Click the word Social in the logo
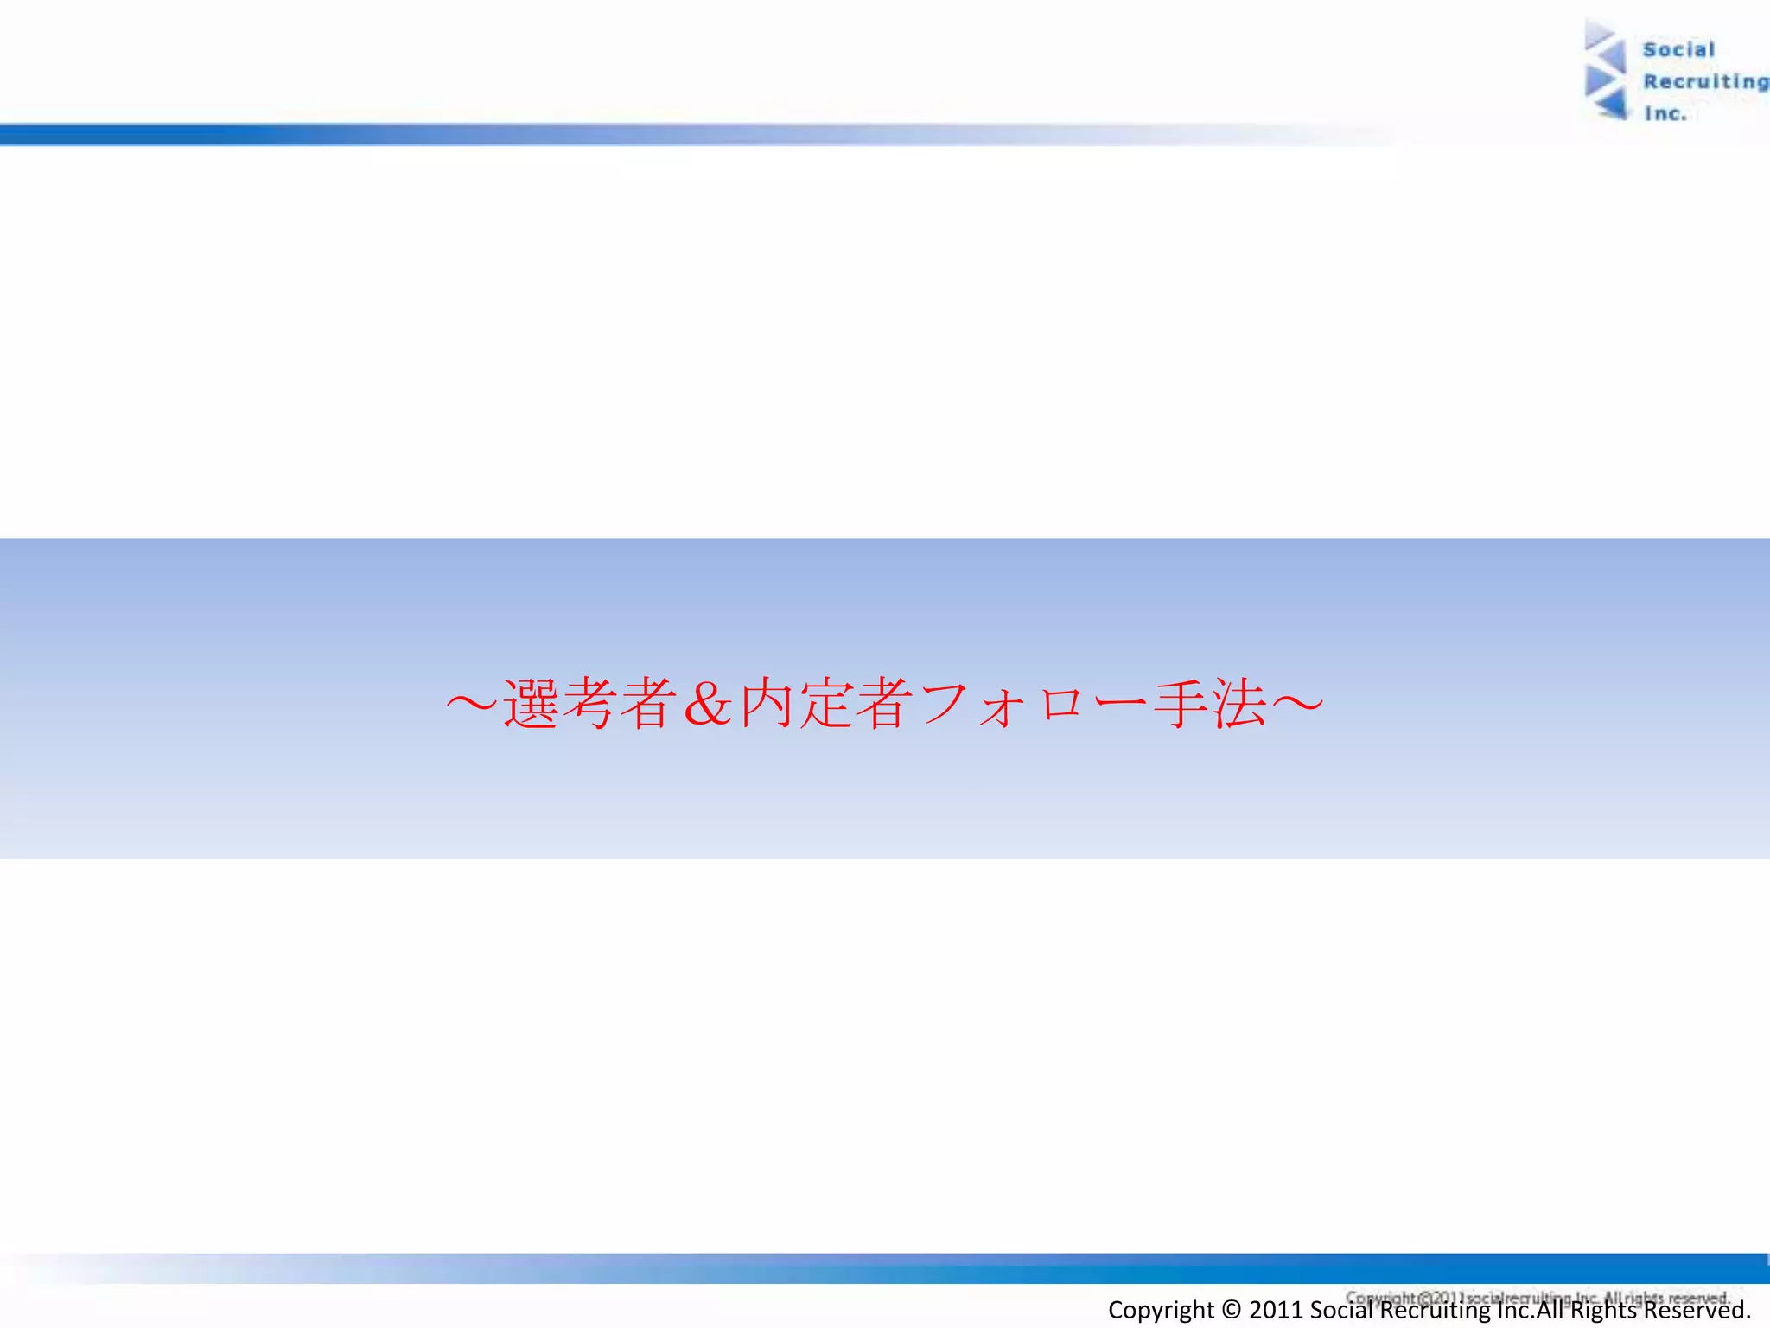coord(1678,50)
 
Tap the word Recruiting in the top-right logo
coord(1705,82)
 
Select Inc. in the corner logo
coord(1665,114)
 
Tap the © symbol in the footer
coord(1232,1311)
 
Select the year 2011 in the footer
coord(1276,1311)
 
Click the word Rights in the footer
coord(1603,1311)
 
